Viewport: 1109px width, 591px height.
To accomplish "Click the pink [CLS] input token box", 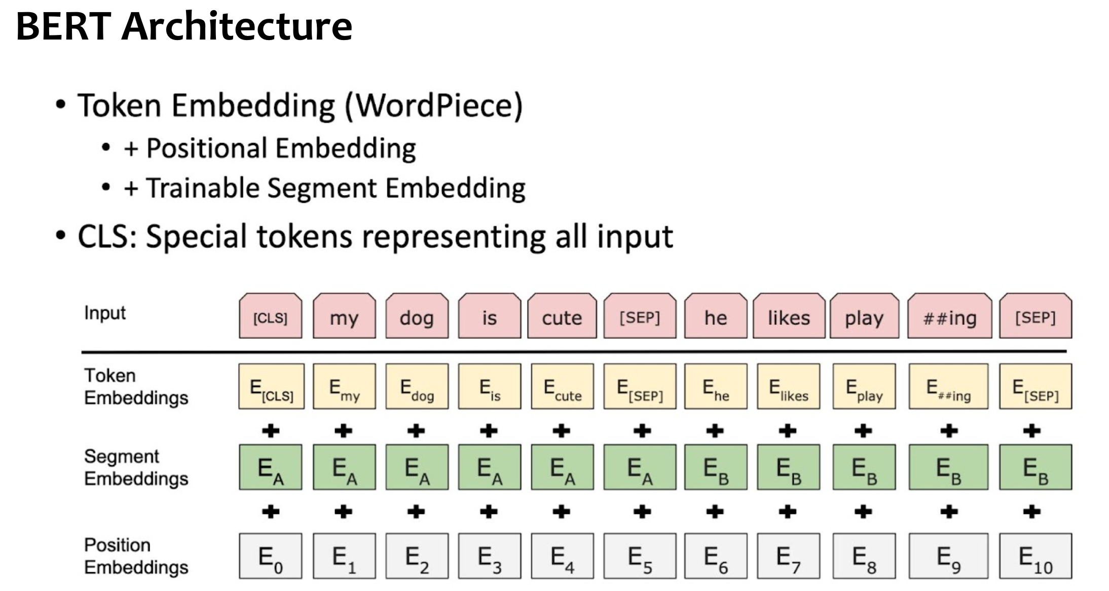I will [x=270, y=317].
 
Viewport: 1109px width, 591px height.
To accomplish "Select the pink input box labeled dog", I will [x=417, y=317].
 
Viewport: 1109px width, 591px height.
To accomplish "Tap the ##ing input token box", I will [x=949, y=317].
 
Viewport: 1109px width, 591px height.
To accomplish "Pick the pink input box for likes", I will [x=789, y=317].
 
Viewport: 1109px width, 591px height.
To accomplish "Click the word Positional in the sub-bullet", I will [x=207, y=149].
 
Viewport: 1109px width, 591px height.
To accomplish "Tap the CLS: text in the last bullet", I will [x=107, y=237].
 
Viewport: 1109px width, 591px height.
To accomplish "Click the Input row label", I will [x=104, y=313].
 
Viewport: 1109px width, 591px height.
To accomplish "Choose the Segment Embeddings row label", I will [x=136, y=467].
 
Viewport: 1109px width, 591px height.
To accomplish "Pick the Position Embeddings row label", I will [x=136, y=556].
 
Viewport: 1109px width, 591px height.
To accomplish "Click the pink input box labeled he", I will [x=715, y=317].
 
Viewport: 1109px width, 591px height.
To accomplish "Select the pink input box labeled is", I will [x=489, y=317].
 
